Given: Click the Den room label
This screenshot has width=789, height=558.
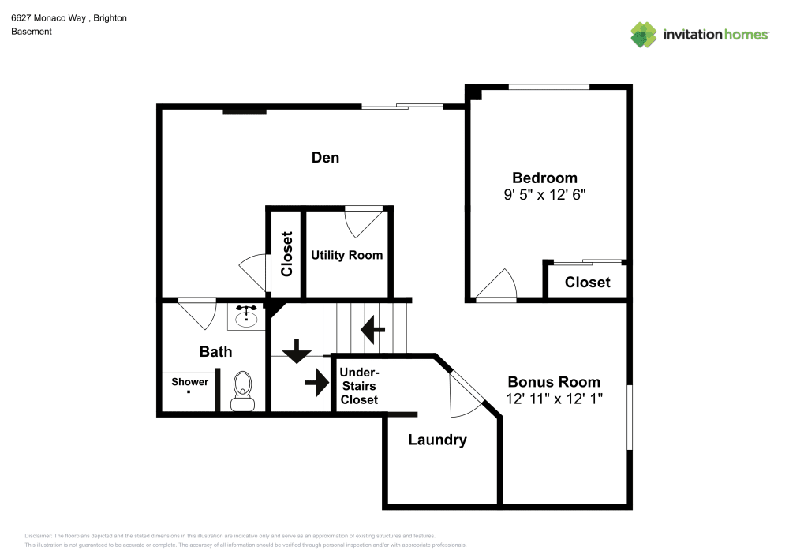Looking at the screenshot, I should (x=325, y=158).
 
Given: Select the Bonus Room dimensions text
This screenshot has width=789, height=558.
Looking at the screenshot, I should (x=554, y=399).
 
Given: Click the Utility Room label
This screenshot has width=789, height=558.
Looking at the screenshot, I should (x=346, y=255).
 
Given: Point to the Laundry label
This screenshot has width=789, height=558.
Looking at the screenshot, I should (x=437, y=440).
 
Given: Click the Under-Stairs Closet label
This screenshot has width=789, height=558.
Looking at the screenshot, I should (x=359, y=386).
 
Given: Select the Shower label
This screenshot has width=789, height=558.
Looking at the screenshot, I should (x=190, y=382).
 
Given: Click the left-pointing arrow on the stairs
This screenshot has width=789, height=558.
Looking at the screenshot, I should (x=372, y=328).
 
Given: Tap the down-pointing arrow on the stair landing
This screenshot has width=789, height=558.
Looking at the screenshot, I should (x=297, y=351).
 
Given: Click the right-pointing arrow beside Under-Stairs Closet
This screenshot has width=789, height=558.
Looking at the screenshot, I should (x=316, y=383).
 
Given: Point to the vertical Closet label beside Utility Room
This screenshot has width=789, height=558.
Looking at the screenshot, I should (x=286, y=253).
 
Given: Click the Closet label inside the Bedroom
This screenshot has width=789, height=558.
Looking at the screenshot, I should (x=587, y=282).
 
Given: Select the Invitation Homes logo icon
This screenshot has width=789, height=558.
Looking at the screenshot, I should (x=644, y=34).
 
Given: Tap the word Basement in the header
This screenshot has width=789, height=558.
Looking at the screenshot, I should (x=32, y=32).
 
